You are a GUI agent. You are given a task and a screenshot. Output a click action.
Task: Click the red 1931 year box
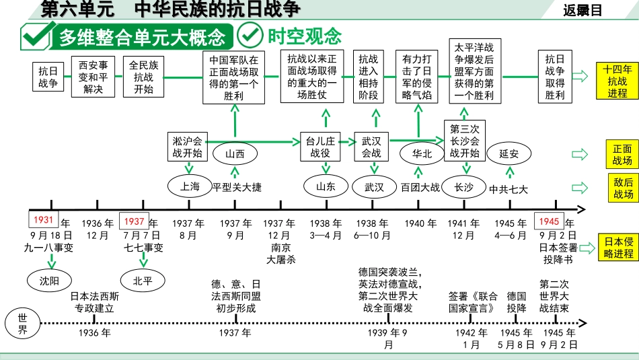tap(44, 221)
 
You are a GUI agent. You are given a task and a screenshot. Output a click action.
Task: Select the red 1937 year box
tap(135, 221)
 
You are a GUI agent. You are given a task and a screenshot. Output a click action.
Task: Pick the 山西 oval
tap(235, 153)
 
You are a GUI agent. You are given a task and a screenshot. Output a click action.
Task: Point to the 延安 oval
tap(509, 153)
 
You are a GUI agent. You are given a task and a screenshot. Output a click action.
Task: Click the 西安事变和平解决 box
tap(93, 77)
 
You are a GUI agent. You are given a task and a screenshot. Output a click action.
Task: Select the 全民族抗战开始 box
tap(143, 77)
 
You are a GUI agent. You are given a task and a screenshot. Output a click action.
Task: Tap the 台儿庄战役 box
tap(320, 147)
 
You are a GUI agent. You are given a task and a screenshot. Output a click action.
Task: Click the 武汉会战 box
tap(371, 147)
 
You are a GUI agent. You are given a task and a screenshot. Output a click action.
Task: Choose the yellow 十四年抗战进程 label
tap(617, 81)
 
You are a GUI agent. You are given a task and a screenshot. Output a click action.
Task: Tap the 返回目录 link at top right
tap(582, 10)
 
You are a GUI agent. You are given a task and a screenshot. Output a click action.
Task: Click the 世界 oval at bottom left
tap(22, 324)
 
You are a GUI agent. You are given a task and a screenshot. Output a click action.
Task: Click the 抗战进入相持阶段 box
tap(368, 77)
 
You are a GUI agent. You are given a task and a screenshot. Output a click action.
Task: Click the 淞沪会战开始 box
tap(187, 147)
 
